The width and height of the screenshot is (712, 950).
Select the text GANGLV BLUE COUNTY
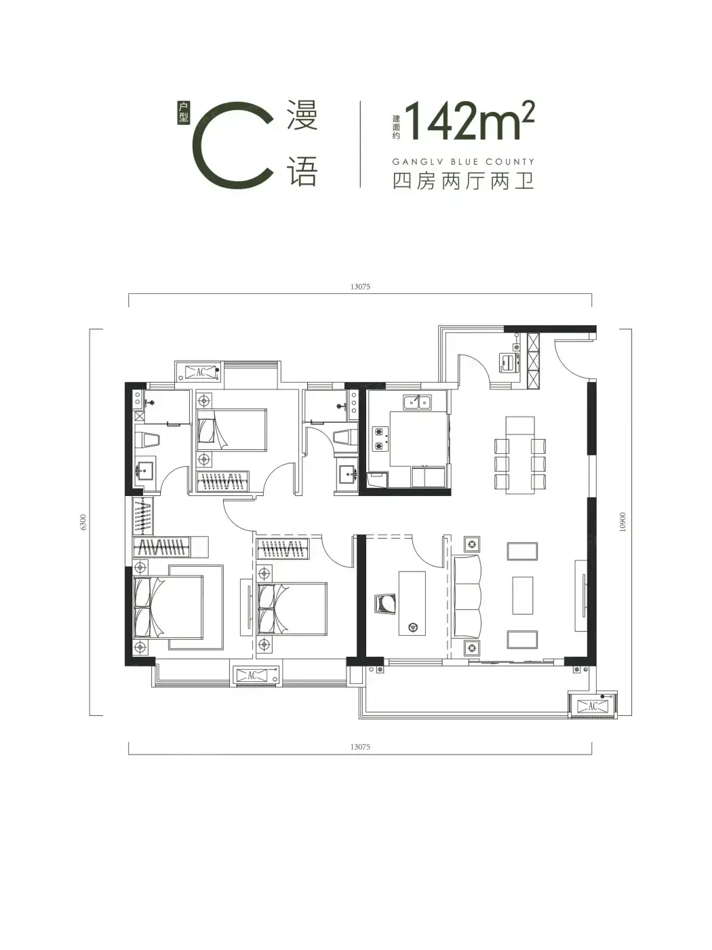[x=463, y=162]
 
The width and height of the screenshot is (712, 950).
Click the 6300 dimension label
[x=83, y=522]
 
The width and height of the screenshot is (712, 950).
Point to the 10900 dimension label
[x=622, y=522]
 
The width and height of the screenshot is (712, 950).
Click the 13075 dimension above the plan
[x=360, y=286]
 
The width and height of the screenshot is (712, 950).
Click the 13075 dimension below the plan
[x=360, y=746]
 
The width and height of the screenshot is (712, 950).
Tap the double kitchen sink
[x=417, y=402]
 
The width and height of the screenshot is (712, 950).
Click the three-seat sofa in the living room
[x=467, y=597]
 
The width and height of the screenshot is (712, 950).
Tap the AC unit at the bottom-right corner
[x=593, y=706]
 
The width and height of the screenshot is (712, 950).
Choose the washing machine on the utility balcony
[x=509, y=362]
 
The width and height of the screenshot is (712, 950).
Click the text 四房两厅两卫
[x=463, y=181]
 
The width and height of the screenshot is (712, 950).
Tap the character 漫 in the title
[x=302, y=115]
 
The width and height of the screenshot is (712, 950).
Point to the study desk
[x=412, y=603]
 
